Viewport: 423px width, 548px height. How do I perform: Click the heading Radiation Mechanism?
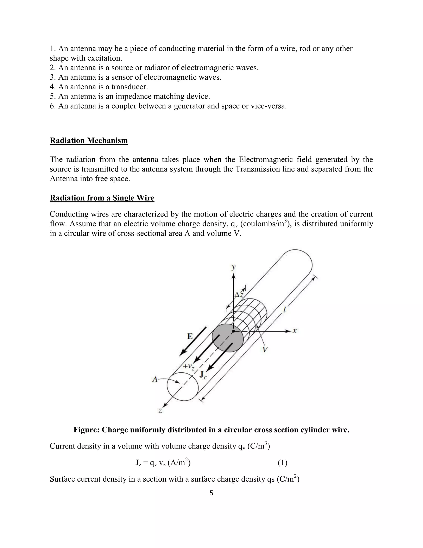[89, 140]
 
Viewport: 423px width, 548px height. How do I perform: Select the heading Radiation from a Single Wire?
[102, 198]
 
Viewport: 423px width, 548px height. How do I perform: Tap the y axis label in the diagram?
[234, 267]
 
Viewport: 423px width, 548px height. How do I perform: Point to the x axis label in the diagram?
[295, 331]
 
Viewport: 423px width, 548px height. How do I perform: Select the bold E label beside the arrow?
[190, 336]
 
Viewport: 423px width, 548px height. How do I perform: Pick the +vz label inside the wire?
[189, 367]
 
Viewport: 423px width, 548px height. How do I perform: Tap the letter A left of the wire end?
[155, 379]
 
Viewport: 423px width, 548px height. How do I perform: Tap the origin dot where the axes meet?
[233, 331]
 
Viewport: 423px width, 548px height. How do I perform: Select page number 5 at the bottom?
[211, 493]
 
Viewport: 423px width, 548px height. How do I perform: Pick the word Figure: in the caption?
[87, 430]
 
